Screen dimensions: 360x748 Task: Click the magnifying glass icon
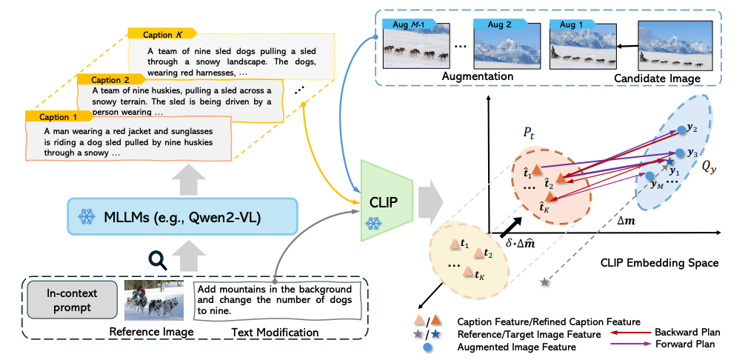coord(157,259)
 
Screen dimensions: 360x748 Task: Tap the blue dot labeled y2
coord(681,130)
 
